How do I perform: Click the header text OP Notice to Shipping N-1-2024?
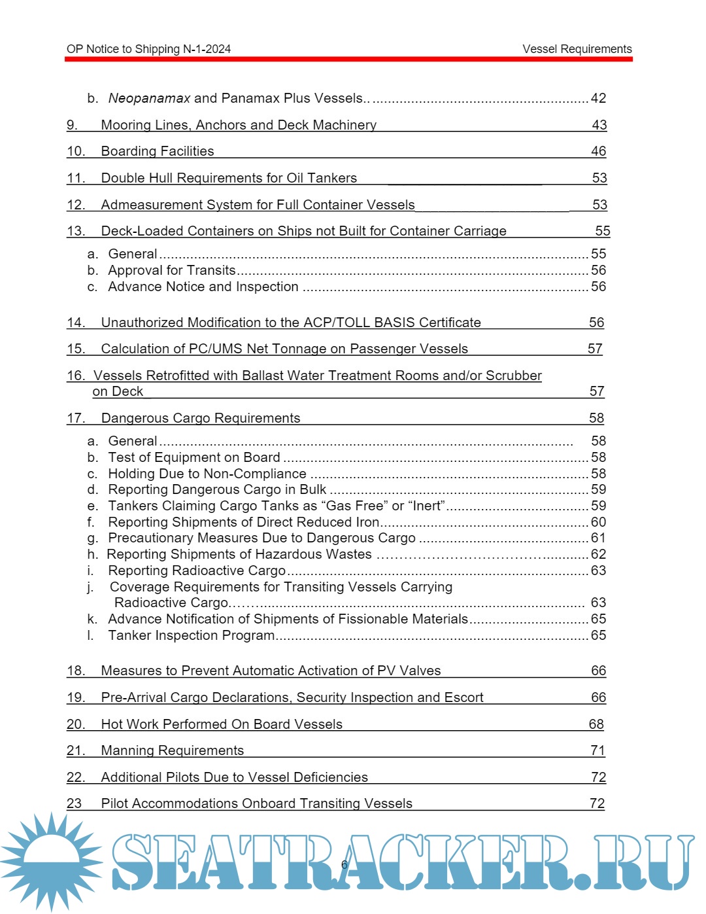pyautogui.click(x=148, y=49)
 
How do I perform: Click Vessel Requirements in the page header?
pyautogui.click(x=577, y=49)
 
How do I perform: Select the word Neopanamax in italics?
pyautogui.click(x=149, y=98)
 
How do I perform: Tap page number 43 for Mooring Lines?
pyautogui.click(x=599, y=125)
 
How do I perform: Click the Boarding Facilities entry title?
pyautogui.click(x=157, y=151)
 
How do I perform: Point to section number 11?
pyautogui.click(x=76, y=178)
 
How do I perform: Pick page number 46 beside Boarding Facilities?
pyautogui.click(x=598, y=151)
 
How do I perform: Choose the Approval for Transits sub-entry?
pyautogui.click(x=171, y=270)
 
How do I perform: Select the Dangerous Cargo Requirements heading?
pyautogui.click(x=200, y=418)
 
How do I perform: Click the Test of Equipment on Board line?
pyautogui.click(x=193, y=457)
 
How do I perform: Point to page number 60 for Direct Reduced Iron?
pyautogui.click(x=598, y=522)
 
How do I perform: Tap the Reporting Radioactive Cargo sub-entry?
pyautogui.click(x=196, y=571)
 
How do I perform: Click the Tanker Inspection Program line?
pyautogui.click(x=191, y=635)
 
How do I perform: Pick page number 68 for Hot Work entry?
pyautogui.click(x=596, y=724)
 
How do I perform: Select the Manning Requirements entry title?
pyautogui.click(x=172, y=750)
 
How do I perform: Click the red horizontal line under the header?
pyautogui.click(x=348, y=59)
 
